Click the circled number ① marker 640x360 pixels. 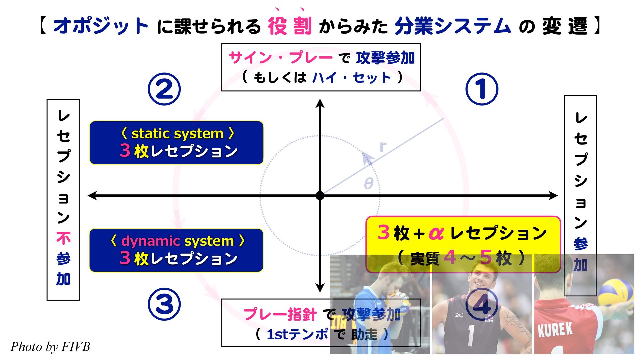(481, 89)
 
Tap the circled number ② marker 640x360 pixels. (164, 89)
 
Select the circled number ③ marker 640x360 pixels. (164, 304)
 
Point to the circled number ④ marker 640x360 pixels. (482, 304)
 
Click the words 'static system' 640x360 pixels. (177, 134)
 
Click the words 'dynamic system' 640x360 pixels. (177, 241)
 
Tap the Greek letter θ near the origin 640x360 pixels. (368, 183)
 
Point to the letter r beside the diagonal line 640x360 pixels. (383, 146)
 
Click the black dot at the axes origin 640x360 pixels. (320, 196)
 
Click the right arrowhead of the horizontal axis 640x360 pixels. (553, 196)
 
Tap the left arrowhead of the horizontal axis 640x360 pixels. (92, 196)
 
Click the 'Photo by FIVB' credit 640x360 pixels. (50, 347)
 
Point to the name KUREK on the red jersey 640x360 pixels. (555, 330)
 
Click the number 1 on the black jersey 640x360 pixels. (471, 335)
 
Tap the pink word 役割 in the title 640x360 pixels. (290, 26)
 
